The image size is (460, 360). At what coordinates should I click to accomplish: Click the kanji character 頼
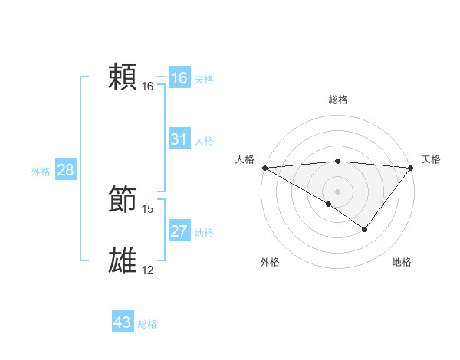(x=123, y=77)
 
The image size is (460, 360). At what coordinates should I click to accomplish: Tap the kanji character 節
(x=123, y=201)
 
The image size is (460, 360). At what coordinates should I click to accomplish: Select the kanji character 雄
(x=123, y=261)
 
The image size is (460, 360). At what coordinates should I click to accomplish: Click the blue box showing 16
(x=179, y=78)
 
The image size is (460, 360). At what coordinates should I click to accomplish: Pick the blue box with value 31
(x=179, y=139)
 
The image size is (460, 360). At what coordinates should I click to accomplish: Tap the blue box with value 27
(x=179, y=231)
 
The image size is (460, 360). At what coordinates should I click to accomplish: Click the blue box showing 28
(x=65, y=170)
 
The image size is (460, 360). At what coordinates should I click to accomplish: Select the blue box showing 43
(x=123, y=322)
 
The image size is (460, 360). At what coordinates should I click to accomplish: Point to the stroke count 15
(x=148, y=208)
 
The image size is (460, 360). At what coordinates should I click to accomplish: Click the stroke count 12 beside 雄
(x=148, y=270)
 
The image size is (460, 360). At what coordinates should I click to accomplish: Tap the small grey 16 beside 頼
(x=148, y=86)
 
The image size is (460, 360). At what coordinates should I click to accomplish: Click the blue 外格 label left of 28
(x=41, y=172)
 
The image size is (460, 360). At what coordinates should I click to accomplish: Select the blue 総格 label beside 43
(x=147, y=324)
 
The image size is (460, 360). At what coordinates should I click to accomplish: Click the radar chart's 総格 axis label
(x=338, y=100)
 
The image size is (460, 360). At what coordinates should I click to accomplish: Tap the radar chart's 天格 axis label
(x=431, y=159)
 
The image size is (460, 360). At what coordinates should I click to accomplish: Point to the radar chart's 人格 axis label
(x=245, y=159)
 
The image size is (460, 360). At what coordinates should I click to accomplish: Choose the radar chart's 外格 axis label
(x=269, y=262)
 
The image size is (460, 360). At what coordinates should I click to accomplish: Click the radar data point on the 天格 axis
(x=411, y=168)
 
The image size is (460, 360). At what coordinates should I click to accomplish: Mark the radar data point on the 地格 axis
(x=365, y=229)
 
